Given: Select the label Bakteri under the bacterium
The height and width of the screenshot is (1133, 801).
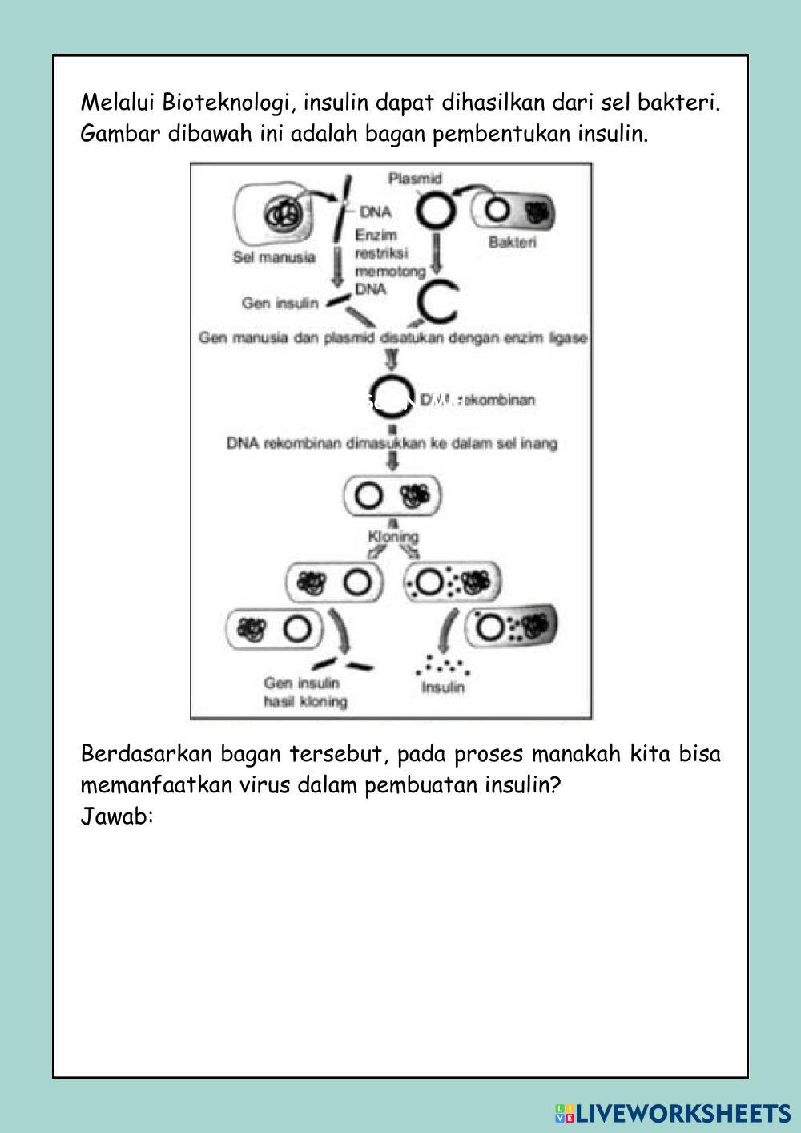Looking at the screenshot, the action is (512, 242).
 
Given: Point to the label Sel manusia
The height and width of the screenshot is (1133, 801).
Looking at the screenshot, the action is (274, 257).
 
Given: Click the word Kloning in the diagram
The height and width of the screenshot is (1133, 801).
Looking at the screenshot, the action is (392, 536).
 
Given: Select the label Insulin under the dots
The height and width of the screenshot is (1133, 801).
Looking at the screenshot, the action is (443, 687).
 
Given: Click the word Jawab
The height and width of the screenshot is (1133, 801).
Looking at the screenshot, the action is (117, 817).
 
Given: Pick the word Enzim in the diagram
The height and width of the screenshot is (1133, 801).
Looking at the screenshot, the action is (376, 236).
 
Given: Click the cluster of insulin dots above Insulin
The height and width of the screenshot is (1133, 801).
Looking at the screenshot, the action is (443, 663).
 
